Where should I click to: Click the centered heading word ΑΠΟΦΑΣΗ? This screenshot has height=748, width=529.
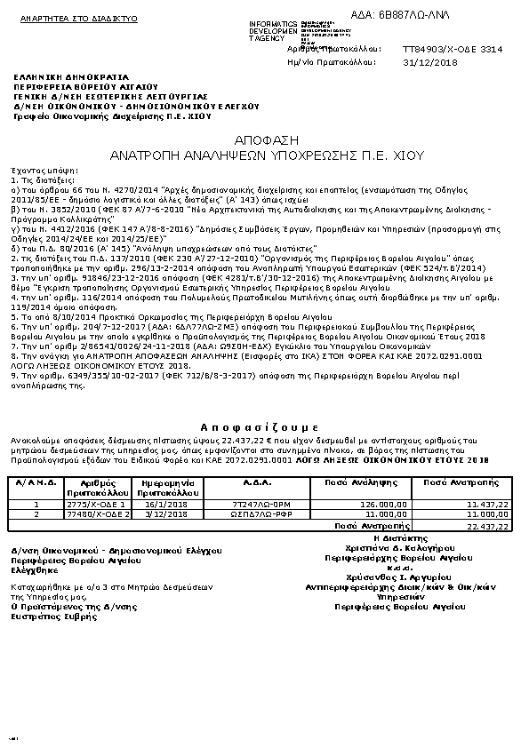click(265, 140)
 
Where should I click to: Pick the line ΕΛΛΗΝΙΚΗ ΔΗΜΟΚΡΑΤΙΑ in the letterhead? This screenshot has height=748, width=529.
click(58, 77)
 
